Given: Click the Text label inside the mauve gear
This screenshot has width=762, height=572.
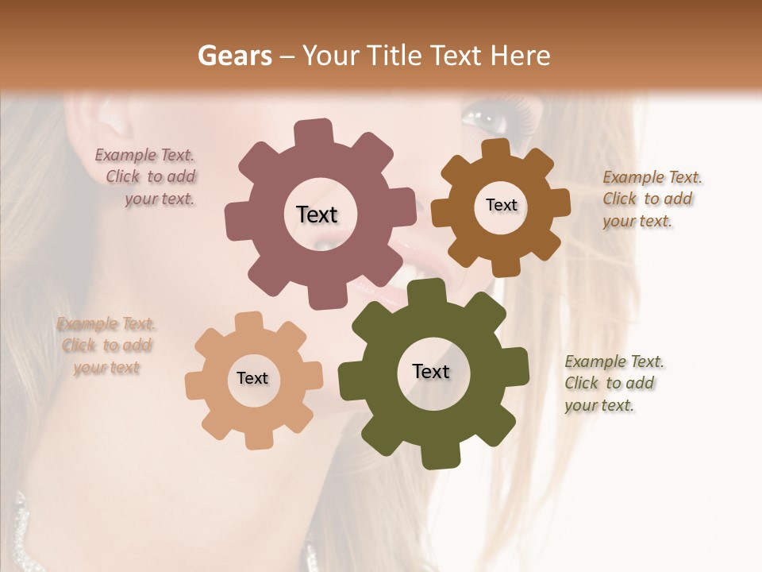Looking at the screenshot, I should point(317,214).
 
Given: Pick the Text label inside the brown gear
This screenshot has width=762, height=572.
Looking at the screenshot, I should point(501,205).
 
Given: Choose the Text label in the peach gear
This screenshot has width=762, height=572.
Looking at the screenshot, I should point(252,378).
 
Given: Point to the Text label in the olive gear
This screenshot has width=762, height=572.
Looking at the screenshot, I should point(431,371).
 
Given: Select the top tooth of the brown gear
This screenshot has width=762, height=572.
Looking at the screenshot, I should point(495,149).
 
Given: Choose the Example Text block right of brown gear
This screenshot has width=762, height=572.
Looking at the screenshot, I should point(651,199).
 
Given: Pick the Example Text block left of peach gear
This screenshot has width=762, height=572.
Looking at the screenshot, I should point(106,346).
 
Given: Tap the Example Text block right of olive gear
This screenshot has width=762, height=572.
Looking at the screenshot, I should point(613,384).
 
